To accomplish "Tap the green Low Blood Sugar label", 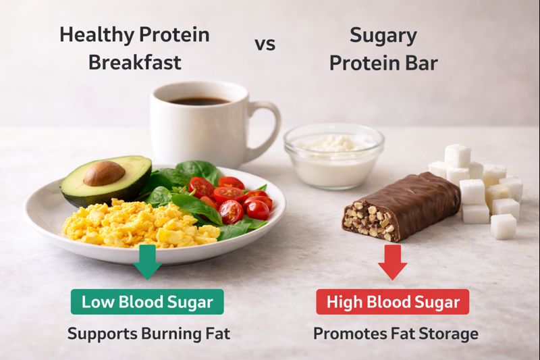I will click(148, 301).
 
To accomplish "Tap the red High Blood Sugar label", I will click(393, 301).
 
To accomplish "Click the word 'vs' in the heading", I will click(264, 45).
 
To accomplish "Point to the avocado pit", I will click(104, 174).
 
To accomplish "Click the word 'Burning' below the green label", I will click(165, 334).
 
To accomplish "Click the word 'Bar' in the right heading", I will click(421, 63).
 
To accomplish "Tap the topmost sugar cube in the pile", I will click(457, 155).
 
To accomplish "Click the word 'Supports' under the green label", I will click(97, 334).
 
